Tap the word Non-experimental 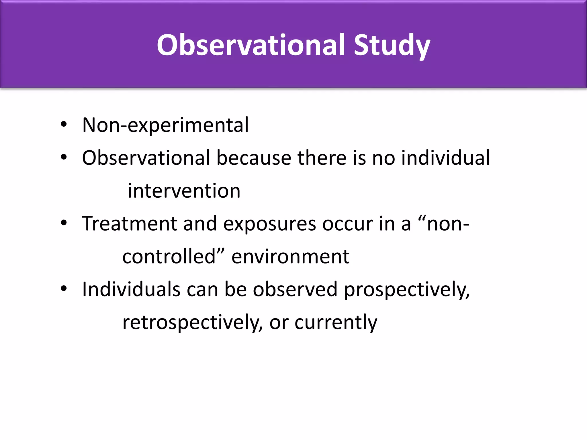[165, 125]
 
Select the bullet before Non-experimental [64, 124]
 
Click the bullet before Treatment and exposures [64, 223]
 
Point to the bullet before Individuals [64, 288]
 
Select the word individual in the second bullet [445, 158]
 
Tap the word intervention [184, 191]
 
